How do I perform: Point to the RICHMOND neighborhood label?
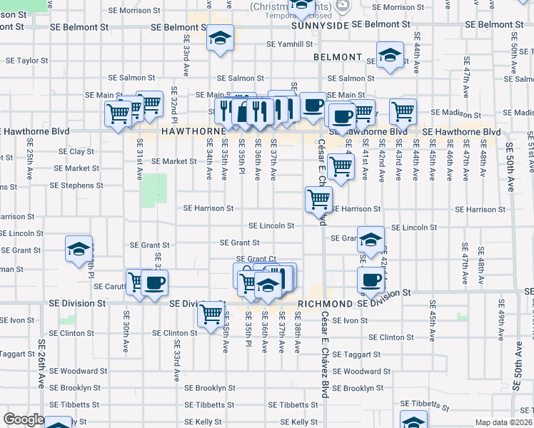tap(326, 304)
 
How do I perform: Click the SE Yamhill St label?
tap(290, 44)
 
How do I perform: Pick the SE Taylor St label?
tap(24, 61)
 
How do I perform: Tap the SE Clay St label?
tap(71, 151)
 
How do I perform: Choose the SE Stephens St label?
tap(76, 185)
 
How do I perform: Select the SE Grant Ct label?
tap(256, 259)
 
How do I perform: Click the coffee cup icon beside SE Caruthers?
tap(153, 282)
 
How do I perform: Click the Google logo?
tap(24, 419)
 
